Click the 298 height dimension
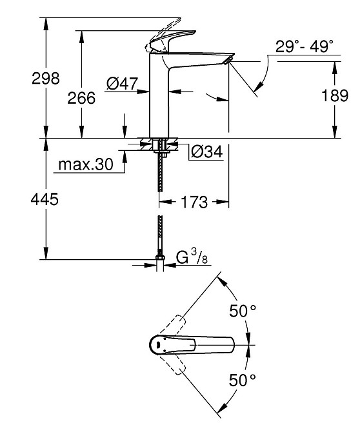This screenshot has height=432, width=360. (46, 79)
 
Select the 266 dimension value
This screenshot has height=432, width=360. (81, 98)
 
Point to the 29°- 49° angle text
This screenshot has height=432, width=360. (305, 46)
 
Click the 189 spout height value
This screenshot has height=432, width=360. (334, 95)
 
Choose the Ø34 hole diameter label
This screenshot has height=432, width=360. (206, 152)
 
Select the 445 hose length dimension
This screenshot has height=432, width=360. (45, 199)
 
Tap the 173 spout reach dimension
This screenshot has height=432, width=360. (194, 202)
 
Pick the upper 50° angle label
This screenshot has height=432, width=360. (243, 311)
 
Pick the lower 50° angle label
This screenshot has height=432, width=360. (243, 379)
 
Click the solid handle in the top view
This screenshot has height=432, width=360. (194, 344)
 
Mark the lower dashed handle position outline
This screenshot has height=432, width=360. (170, 365)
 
